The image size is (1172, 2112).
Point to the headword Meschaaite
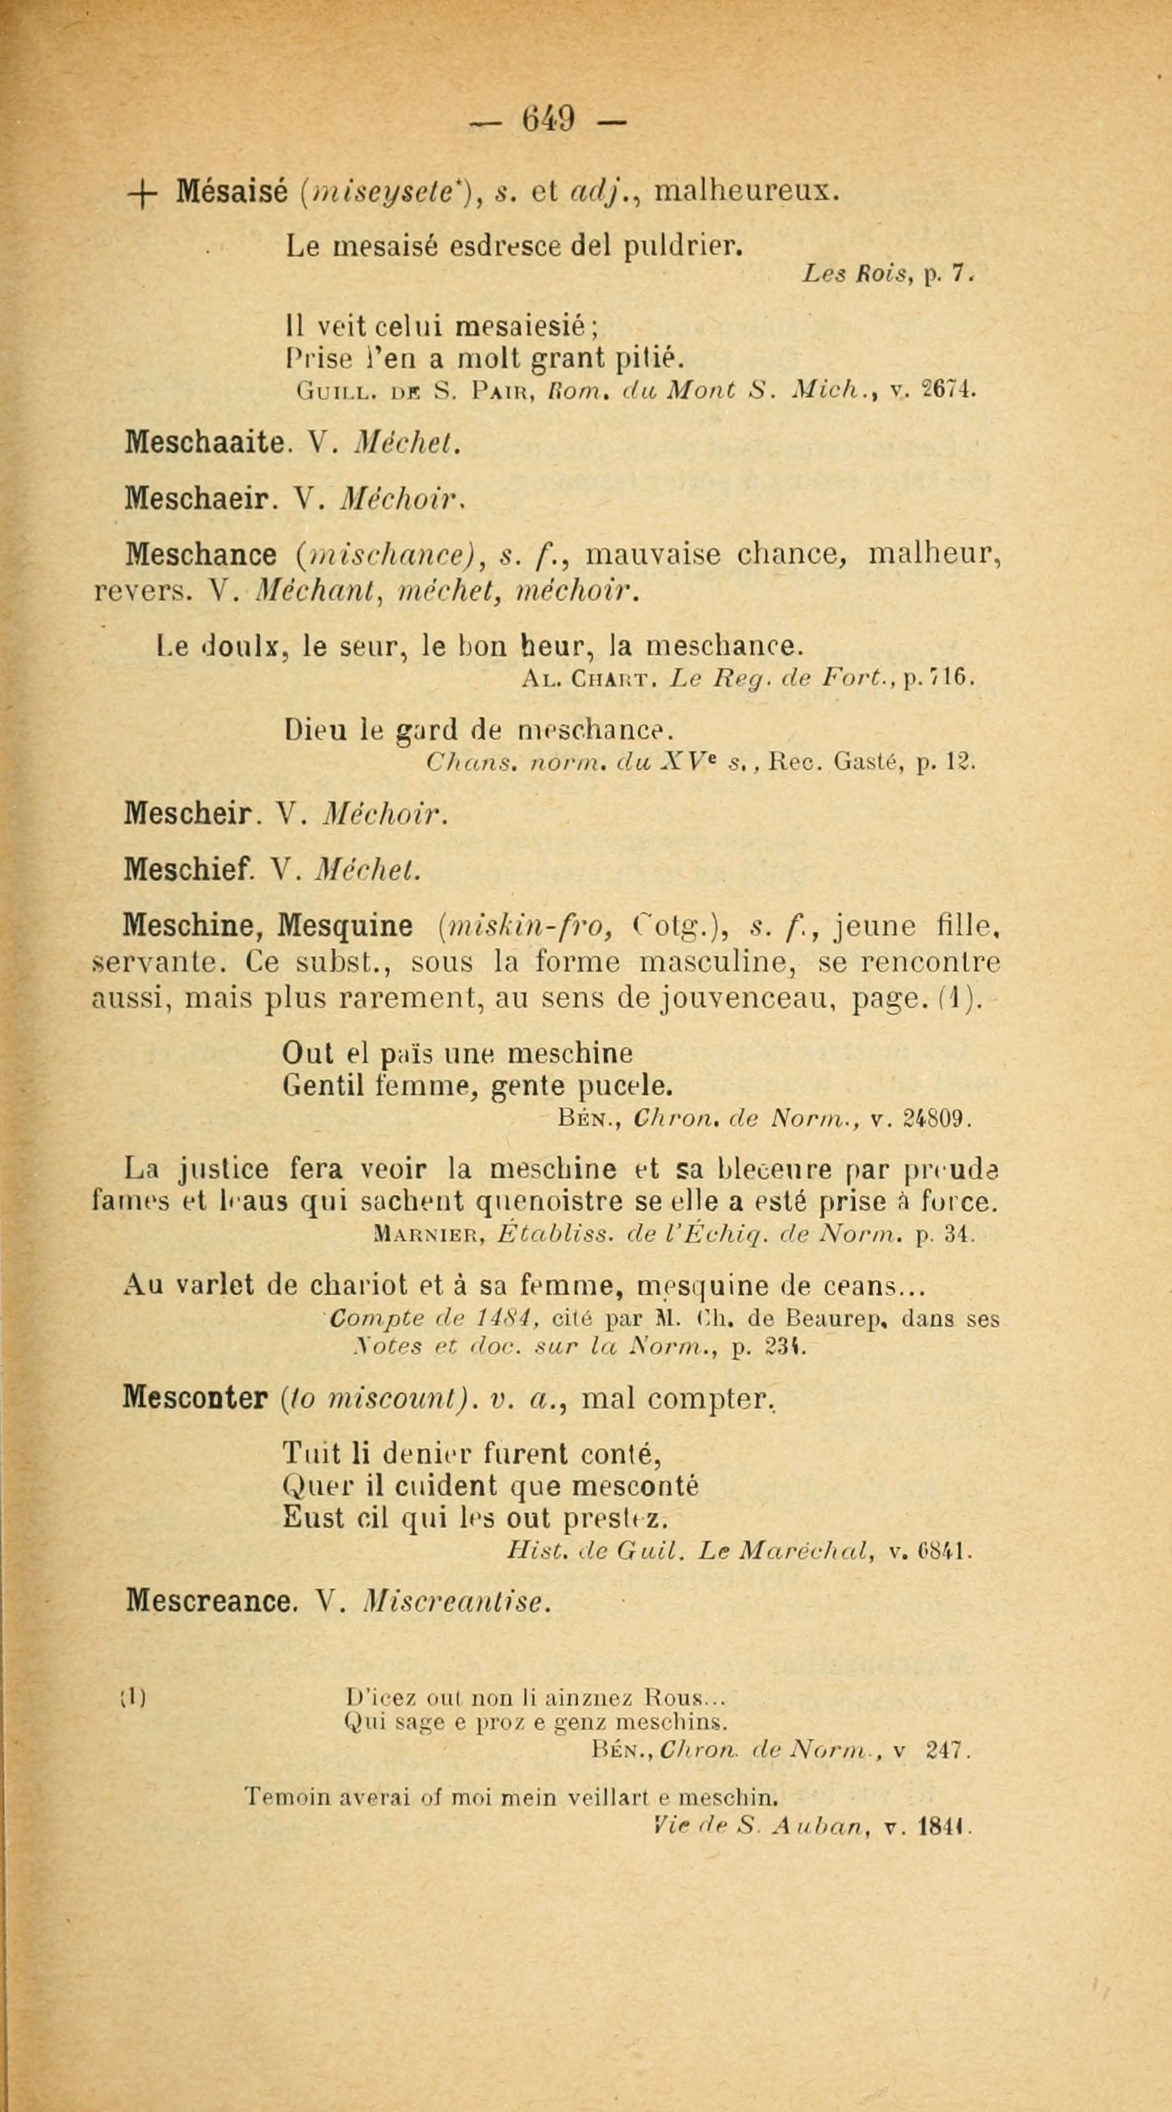(205, 443)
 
